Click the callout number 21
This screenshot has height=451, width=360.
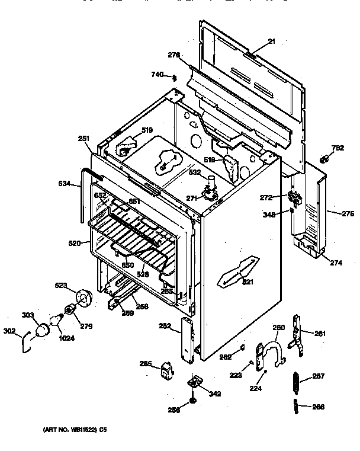(272, 41)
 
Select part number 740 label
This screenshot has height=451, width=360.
(157, 74)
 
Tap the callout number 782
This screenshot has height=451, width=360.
(337, 148)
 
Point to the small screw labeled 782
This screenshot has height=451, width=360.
(325, 159)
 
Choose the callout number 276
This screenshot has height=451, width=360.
(173, 55)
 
